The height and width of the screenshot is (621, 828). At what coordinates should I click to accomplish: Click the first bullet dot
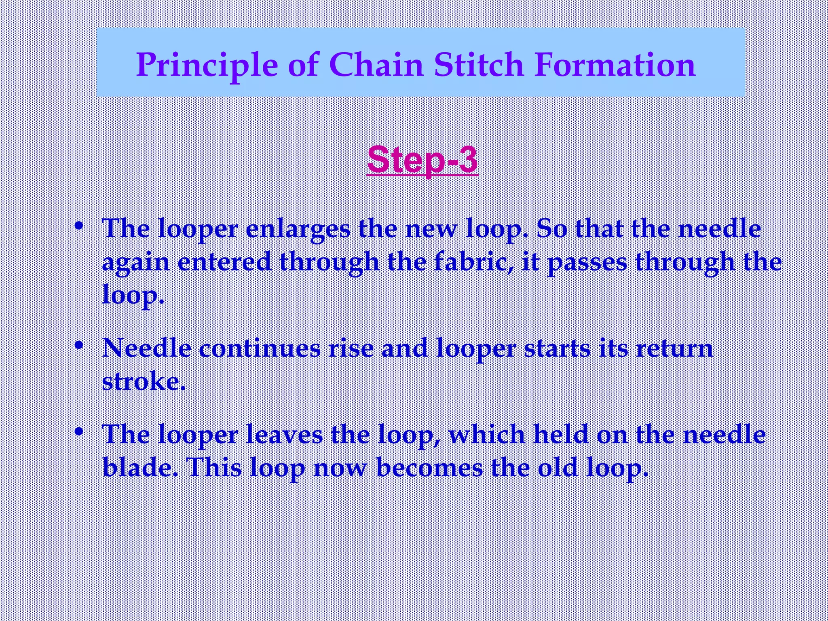[x=80, y=225]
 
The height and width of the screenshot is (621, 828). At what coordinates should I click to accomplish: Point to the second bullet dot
[x=80, y=345]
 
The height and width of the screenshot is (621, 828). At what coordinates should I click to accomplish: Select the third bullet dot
[x=80, y=431]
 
